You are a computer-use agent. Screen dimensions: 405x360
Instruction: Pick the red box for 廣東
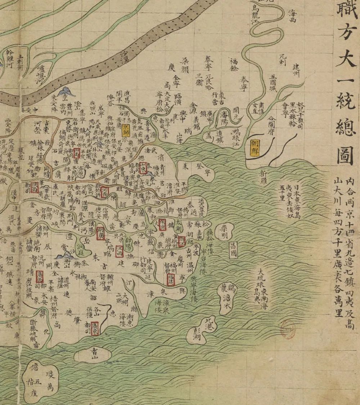pyautogui.click(x=95, y=328)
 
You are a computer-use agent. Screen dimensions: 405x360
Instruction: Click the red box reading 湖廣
pyautogui.click(x=101, y=233)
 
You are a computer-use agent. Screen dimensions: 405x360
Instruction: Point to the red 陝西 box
pyautogui.click(x=35, y=186)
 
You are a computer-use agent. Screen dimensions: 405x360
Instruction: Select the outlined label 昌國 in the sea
pyautogui.click(x=233, y=249)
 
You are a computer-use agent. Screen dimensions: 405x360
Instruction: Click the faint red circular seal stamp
pyautogui.click(x=288, y=329)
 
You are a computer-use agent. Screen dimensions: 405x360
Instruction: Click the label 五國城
pyautogui.click(x=274, y=82)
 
